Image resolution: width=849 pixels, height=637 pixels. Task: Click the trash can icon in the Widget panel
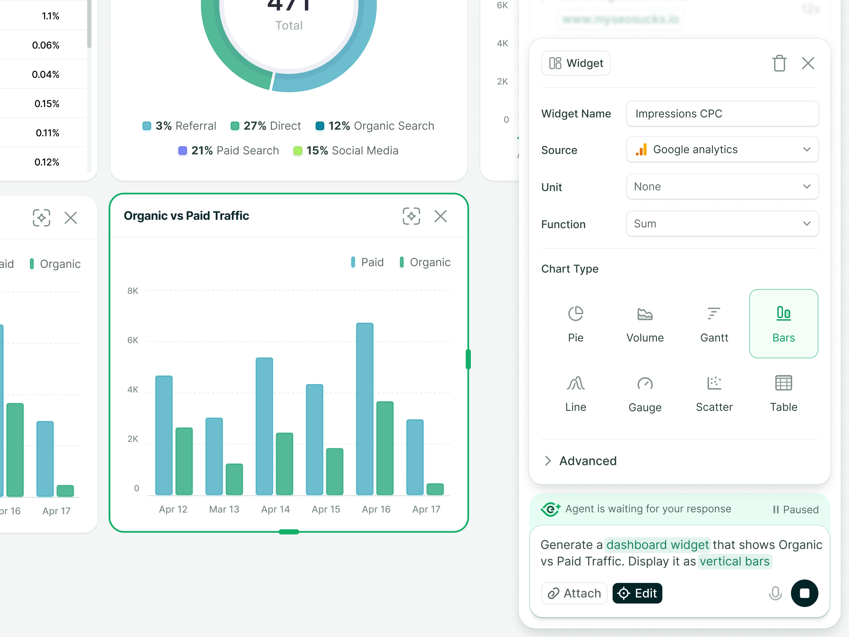click(779, 63)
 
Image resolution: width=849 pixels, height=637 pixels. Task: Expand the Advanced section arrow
click(548, 461)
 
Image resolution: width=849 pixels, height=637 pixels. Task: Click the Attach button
click(574, 593)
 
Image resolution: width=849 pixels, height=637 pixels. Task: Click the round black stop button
click(804, 593)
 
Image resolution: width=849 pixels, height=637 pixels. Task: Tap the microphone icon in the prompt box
click(775, 593)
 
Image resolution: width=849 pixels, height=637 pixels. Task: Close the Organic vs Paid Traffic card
click(440, 216)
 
